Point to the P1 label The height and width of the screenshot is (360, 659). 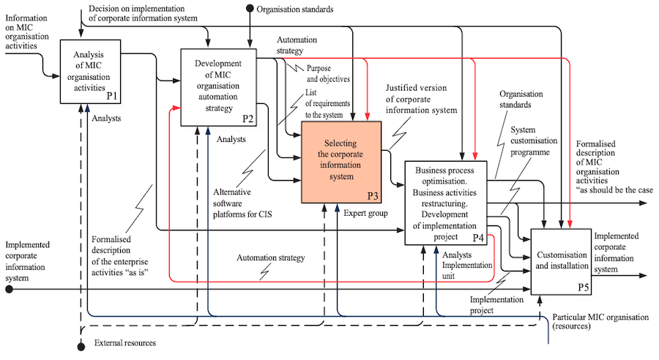112,96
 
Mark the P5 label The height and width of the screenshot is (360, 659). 583,286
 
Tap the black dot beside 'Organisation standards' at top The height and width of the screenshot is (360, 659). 250,9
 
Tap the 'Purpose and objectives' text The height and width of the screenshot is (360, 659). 328,74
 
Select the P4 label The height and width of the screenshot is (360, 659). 478,237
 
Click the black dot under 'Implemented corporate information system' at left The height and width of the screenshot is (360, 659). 10,289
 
